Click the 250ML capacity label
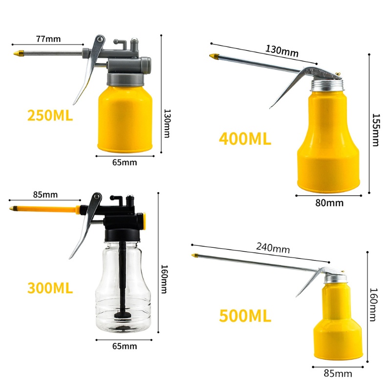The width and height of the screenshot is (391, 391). [x=50, y=115]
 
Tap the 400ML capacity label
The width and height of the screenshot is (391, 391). [x=245, y=139]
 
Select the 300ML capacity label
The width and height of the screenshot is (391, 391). [x=50, y=288]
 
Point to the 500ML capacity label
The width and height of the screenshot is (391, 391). [x=245, y=315]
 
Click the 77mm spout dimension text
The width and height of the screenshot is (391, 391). [x=48, y=39]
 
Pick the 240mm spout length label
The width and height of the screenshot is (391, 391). [x=273, y=248]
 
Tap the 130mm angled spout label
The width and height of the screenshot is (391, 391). [x=282, y=51]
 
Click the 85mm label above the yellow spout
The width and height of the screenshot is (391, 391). [x=45, y=195]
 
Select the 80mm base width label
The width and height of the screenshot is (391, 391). [x=329, y=203]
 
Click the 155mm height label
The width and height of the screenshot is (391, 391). [x=375, y=130]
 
